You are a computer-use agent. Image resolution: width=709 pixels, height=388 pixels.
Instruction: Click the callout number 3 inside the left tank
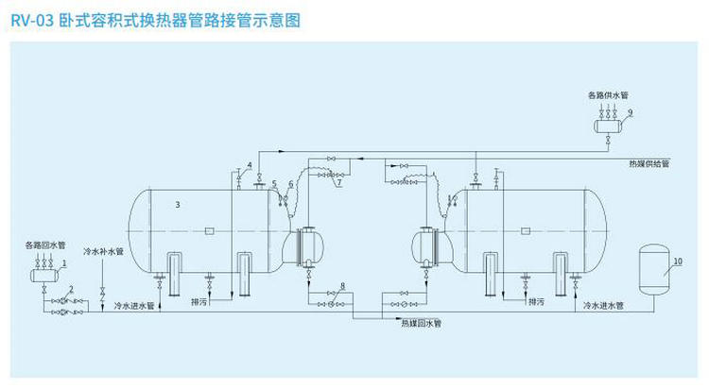pyautogui.click(x=178, y=203)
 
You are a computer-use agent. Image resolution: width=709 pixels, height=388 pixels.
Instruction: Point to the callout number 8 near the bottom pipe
pyautogui.click(x=341, y=284)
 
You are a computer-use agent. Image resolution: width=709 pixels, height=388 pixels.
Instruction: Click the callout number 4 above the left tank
pyautogui.click(x=249, y=165)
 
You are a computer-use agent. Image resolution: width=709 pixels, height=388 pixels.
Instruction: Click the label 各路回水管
pyautogui.click(x=44, y=245)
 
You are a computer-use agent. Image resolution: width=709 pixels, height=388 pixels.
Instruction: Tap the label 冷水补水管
pyautogui.click(x=103, y=252)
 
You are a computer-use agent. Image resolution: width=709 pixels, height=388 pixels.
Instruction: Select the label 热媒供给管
pyautogui.click(x=648, y=163)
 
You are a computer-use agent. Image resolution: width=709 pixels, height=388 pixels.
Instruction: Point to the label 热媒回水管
pyautogui.click(x=421, y=323)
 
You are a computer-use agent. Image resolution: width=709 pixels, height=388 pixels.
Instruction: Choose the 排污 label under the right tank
pyautogui.click(x=536, y=302)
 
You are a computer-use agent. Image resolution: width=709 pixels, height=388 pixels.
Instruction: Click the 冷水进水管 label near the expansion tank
pyautogui.click(x=602, y=306)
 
